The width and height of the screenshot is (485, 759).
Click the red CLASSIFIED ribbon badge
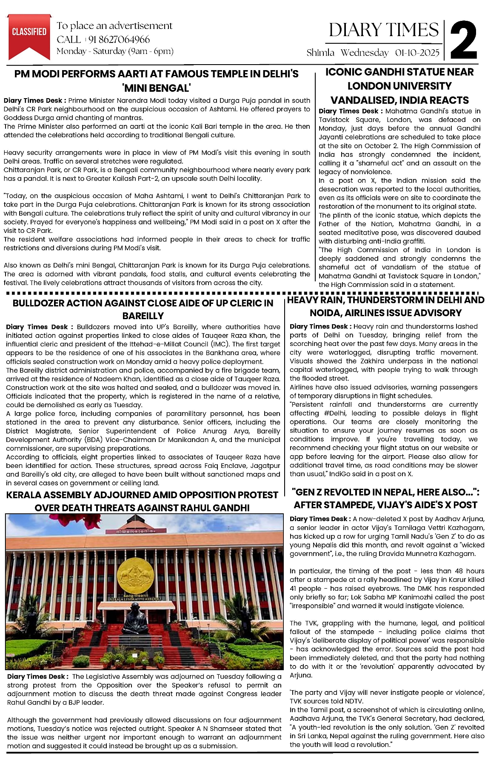29,34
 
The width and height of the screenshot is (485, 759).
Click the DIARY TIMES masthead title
384,30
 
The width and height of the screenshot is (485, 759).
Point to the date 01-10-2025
417,53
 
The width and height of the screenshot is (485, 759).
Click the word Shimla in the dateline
320,53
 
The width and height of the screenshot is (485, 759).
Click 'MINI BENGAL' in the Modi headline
157,88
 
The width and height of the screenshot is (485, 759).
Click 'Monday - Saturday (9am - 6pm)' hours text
115,51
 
